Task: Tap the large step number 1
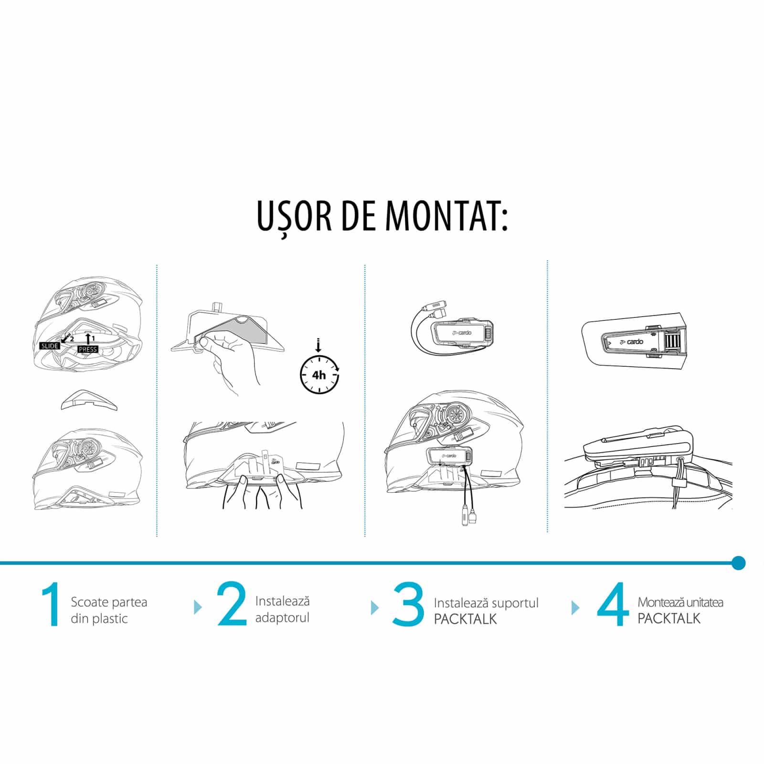coord(51,604)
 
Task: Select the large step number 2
coord(232,604)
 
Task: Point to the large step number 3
coord(408,604)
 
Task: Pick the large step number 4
coord(613,604)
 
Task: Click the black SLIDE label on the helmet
coord(50,346)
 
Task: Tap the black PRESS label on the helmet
coord(88,349)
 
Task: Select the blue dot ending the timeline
coord(738,562)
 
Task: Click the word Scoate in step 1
coord(87,602)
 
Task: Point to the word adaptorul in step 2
coord(282,618)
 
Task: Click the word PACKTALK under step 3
coord(466,619)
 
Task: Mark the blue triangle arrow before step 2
coord(198,607)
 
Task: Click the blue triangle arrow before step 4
coord(575,607)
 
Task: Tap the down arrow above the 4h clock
coord(319,345)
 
